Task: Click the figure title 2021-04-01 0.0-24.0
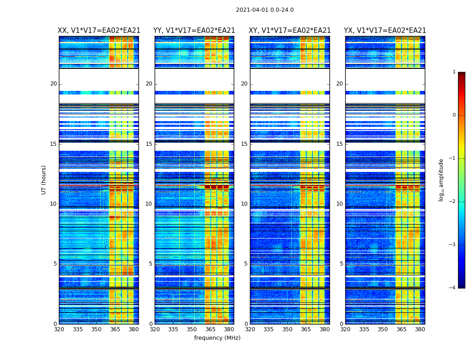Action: (x=265, y=10)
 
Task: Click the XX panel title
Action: (x=99, y=31)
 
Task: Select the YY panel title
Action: (x=194, y=31)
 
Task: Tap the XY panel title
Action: (x=290, y=31)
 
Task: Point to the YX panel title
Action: (x=385, y=31)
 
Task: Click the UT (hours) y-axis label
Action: (x=44, y=180)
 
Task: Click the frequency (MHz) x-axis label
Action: (x=217, y=338)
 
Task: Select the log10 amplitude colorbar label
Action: (x=441, y=180)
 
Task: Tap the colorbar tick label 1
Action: (x=454, y=72)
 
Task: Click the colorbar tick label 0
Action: (x=454, y=115)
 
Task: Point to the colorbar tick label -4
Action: (x=453, y=288)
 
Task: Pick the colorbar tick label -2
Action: (x=453, y=202)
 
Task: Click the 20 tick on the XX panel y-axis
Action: (x=53, y=84)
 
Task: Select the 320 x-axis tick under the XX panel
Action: (x=59, y=329)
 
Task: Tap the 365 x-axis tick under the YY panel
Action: (x=210, y=329)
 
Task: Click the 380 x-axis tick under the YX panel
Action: (x=420, y=329)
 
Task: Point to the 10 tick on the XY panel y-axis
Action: (x=244, y=204)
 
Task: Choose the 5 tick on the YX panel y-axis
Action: (x=341, y=264)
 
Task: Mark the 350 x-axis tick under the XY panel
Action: (x=287, y=329)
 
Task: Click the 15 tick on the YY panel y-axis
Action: (x=149, y=144)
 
